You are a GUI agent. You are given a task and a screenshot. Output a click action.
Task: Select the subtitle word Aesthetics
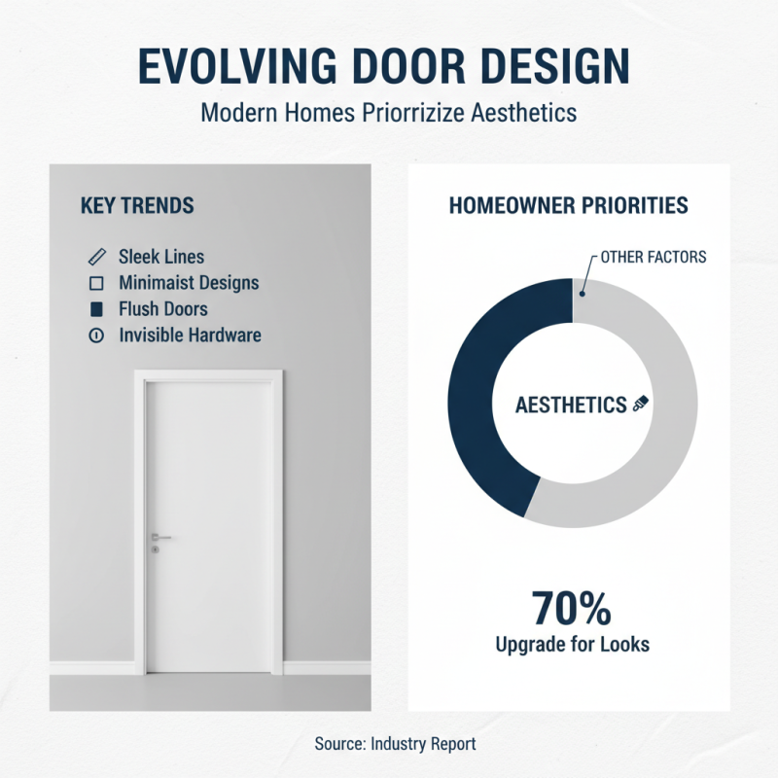[524, 113]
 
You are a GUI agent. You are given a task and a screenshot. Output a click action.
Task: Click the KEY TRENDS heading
[137, 206]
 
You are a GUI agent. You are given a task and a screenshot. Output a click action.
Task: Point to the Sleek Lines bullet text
[161, 258]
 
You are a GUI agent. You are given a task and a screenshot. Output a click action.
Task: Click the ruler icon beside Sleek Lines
[96, 258]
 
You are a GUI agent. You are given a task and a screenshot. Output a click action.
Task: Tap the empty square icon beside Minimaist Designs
[96, 284]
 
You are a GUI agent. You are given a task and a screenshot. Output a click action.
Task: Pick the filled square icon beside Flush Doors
[96, 310]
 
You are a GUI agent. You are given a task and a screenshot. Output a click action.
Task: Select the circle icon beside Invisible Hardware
[96, 336]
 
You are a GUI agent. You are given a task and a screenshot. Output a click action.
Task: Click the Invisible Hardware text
[190, 336]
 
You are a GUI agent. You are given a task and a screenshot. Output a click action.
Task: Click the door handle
[160, 537]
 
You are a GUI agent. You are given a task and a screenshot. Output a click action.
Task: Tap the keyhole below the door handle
[155, 549]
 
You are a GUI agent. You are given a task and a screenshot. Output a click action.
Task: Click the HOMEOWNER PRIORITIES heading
[569, 206]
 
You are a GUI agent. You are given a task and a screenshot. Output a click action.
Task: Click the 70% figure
[572, 610]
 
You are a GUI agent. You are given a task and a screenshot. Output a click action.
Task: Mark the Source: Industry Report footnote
[396, 744]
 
